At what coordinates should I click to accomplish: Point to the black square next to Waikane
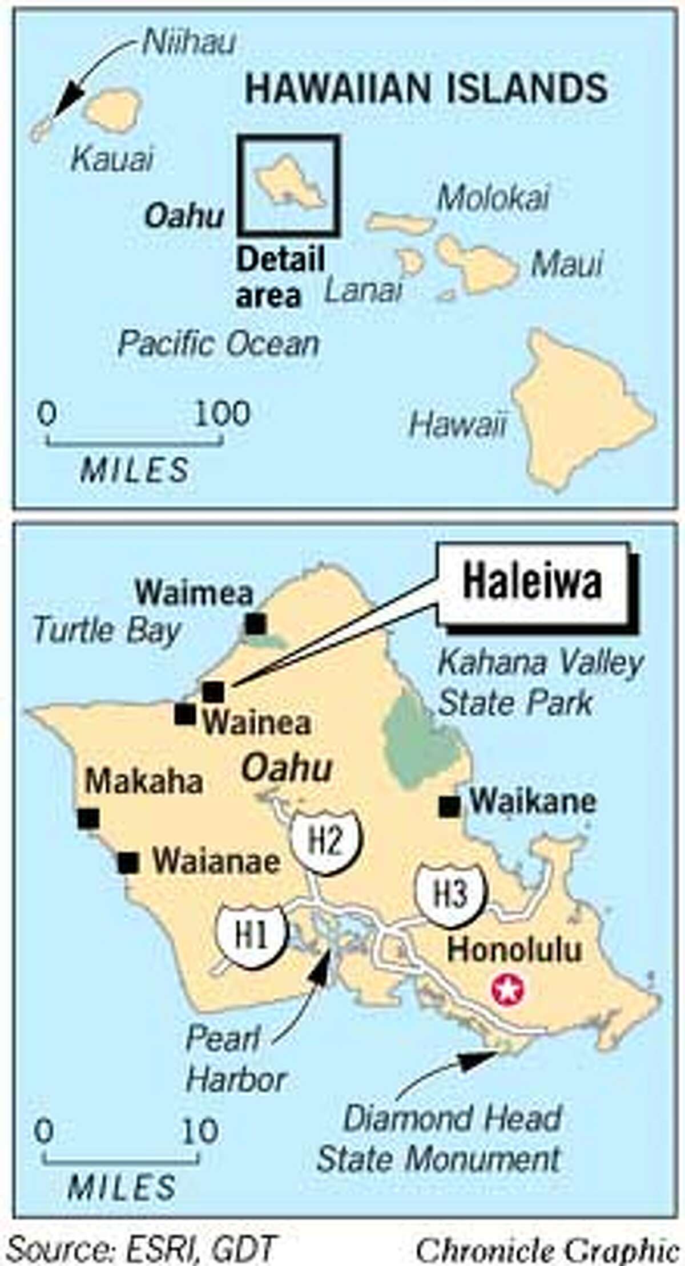point(450,806)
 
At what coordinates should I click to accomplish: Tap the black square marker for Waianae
point(128,862)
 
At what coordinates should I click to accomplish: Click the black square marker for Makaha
point(88,818)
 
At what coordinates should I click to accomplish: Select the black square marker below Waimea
point(256,623)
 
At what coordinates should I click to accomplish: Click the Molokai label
point(493,197)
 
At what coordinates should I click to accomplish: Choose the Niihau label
point(189,43)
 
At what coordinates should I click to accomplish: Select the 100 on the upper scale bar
point(222,412)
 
